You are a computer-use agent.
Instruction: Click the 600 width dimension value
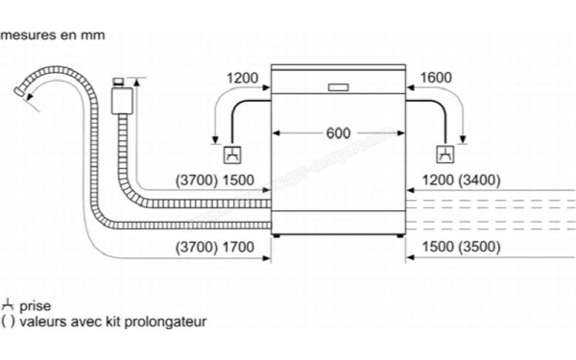[x=338, y=133]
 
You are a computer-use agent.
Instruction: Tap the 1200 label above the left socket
[x=243, y=78]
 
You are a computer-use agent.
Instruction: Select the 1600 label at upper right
[x=435, y=78]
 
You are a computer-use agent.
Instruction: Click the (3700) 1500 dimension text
[x=216, y=180]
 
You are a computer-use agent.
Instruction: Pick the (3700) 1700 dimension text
[x=216, y=247]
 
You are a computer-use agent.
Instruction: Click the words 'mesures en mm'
[x=53, y=36]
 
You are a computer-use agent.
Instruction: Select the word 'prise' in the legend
[x=35, y=304]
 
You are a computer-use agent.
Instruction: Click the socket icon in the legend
[x=8, y=304]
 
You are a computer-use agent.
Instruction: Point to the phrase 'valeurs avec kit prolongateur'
[x=111, y=322]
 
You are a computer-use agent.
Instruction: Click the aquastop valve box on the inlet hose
[x=122, y=98]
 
